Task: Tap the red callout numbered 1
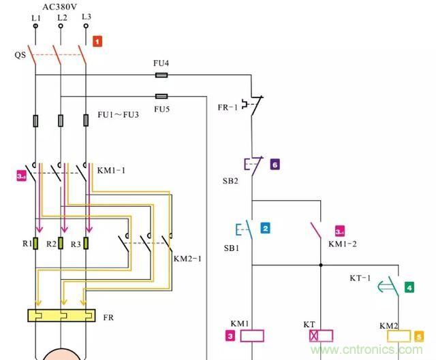pos(97,42)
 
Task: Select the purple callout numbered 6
pos(275,165)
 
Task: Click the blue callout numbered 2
pos(265,229)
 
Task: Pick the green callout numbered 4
pos(409,288)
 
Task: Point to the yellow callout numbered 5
pos(419,336)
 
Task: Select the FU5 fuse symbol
pos(161,97)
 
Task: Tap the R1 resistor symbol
pos(35,244)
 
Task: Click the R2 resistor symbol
pos(61,244)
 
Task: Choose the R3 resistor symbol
pos(87,244)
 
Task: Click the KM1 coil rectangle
pos(253,336)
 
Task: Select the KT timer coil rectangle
pos(321,336)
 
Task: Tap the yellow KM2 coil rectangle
pos(399,336)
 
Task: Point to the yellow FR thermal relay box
pos(61,316)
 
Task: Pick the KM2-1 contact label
pos(188,259)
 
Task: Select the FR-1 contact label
pos(227,107)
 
